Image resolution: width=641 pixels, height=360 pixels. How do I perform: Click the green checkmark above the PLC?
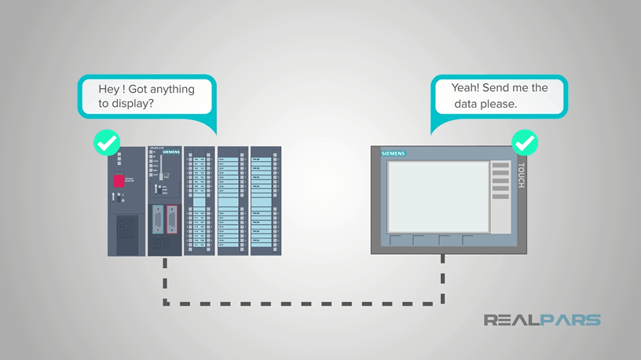click(x=106, y=143)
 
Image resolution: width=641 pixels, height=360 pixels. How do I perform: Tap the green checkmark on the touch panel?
click(x=524, y=143)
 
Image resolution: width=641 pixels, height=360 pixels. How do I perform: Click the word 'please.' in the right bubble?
click(x=499, y=103)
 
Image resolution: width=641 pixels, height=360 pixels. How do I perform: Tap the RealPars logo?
click(x=541, y=320)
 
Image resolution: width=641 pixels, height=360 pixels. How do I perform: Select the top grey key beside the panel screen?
click(x=500, y=166)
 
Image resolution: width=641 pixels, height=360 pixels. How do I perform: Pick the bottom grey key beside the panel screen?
click(x=500, y=200)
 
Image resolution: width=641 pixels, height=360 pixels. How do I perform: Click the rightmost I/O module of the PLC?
click(x=266, y=201)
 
